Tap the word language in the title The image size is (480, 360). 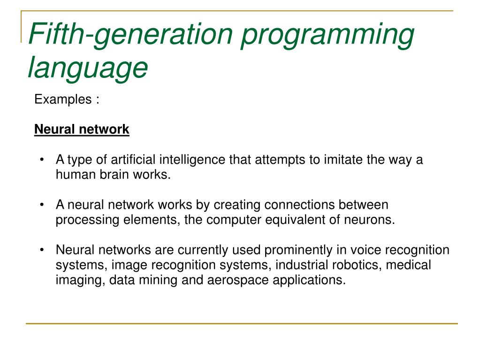pos(88,67)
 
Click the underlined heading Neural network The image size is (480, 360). pos(82,129)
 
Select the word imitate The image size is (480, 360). pos(343,160)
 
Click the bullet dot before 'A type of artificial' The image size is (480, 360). pos(42,160)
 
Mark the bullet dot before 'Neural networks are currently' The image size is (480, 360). pos(42,250)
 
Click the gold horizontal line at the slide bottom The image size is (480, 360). pos(241,323)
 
